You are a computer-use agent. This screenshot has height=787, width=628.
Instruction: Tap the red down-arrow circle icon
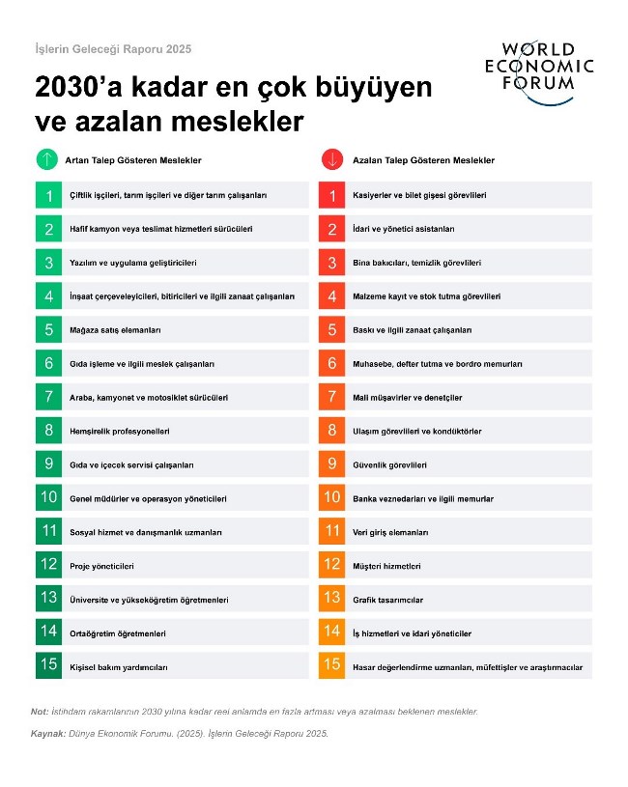tap(330, 159)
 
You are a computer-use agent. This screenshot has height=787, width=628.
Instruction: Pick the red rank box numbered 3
tap(331, 263)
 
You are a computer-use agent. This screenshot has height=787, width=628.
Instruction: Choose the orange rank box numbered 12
tap(331, 565)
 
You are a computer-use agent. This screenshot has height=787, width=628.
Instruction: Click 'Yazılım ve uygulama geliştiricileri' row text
tap(133, 264)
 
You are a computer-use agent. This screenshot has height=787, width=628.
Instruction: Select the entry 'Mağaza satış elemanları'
tap(115, 330)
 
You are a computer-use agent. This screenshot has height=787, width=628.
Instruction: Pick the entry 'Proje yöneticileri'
tap(101, 566)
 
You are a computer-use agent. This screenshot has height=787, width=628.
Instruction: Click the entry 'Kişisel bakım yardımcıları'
tap(119, 666)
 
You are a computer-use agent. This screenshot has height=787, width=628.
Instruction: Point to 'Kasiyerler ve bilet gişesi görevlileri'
tap(419, 196)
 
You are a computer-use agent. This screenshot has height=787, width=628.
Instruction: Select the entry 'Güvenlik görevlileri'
tap(390, 464)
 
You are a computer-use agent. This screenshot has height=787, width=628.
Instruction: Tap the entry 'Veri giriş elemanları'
tap(390, 532)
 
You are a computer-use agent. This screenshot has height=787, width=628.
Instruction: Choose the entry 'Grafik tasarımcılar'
tap(387, 600)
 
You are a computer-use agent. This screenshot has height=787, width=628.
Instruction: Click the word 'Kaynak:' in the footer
tap(47, 734)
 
